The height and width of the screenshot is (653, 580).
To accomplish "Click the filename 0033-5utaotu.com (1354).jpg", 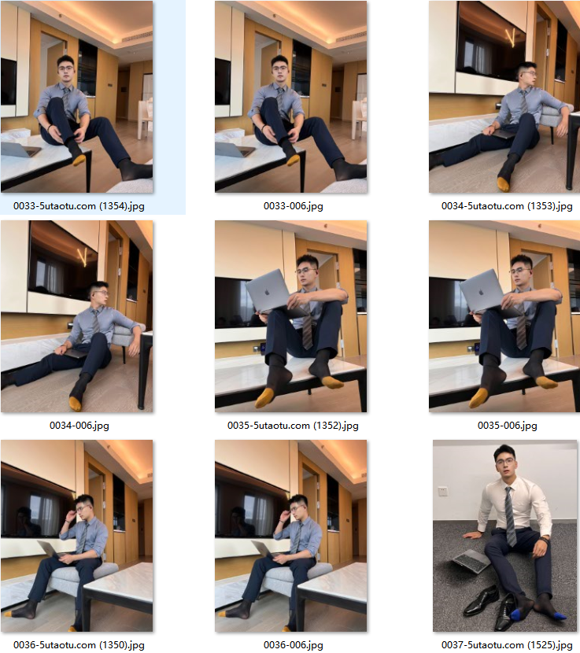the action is pos(79,205).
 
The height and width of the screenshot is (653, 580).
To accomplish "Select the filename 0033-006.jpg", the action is pos(293,205).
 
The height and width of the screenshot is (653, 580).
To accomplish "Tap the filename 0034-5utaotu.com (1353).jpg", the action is pos(507,205).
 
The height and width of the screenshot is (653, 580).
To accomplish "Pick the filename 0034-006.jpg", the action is pos(79,425).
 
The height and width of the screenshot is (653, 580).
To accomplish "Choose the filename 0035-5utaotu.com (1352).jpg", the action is pos(293,425).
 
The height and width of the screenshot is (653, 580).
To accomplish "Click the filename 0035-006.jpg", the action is pos(507,425).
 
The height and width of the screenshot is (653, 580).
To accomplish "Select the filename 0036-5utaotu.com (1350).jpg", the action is pos(79,644).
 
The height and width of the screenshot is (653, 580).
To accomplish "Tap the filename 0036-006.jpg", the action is pos(293,644).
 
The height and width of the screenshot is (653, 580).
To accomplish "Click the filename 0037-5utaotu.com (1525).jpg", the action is pos(507,644).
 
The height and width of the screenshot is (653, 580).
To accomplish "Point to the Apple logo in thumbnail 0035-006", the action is pos(481,292).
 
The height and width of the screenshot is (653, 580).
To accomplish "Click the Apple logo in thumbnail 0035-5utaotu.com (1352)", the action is pos(267,292).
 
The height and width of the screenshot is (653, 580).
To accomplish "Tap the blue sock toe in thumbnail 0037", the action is pos(560,616).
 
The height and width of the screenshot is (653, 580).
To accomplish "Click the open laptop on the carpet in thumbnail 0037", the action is pos(471,560).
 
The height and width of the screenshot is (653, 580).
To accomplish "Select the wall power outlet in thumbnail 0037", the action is pos(442,492).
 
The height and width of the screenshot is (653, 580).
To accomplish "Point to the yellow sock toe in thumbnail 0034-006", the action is pos(76,403).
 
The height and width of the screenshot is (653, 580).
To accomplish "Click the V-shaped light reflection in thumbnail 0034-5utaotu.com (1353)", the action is pos(511,38).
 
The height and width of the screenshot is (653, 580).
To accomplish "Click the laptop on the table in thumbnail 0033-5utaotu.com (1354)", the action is pos(19,149).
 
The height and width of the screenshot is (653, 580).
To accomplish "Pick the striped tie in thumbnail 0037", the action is pos(510,516).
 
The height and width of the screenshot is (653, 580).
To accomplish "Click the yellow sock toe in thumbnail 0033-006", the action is pos(293,160).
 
